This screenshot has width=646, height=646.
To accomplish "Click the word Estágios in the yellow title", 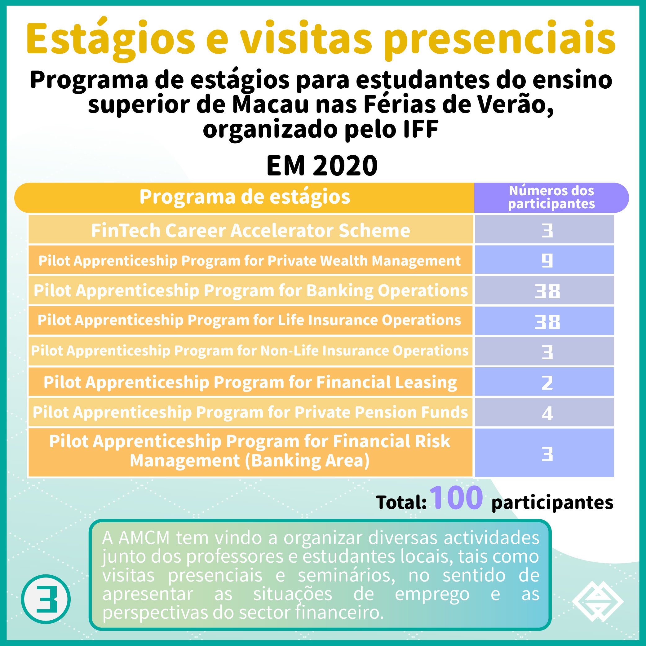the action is [x=111, y=39].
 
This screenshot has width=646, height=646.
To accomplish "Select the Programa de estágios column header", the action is [x=245, y=197].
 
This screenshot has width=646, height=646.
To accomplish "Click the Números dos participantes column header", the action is [x=551, y=197].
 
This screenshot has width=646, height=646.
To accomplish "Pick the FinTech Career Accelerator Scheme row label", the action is [x=250, y=230].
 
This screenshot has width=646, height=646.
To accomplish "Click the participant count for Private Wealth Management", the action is [x=547, y=260].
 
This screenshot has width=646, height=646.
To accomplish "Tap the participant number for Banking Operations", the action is [x=547, y=291].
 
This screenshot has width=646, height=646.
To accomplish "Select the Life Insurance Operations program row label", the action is [x=250, y=320].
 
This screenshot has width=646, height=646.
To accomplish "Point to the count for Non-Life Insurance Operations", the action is [x=547, y=352].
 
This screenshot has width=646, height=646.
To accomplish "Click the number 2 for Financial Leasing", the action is [x=547, y=383].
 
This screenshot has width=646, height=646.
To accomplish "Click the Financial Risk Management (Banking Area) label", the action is [x=250, y=451].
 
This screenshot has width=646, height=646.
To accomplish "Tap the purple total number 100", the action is [x=456, y=498].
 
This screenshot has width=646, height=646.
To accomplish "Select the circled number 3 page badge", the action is [x=46, y=599].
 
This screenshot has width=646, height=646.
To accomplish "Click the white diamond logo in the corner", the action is [x=598, y=601].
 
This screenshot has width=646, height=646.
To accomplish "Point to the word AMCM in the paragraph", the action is [x=144, y=538].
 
